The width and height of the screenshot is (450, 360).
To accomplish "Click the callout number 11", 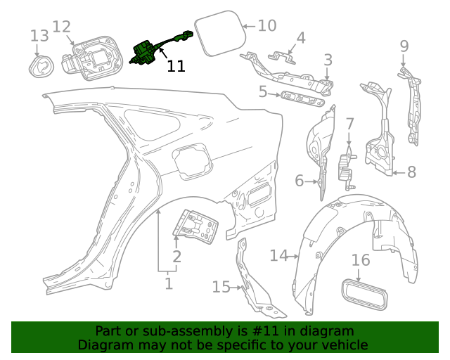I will pos(176,66).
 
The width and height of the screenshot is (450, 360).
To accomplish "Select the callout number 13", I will pos(39,35).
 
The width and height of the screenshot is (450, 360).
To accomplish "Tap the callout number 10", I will pos(266,26).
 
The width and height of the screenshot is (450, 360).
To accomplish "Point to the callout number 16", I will pos(360,261).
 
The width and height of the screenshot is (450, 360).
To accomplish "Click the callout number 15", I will pos(221,286).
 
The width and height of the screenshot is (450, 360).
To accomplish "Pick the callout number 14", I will pos(279,255).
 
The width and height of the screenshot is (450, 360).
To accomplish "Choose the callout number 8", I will pos(411,171).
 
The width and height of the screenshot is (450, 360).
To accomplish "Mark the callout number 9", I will pos(404,46).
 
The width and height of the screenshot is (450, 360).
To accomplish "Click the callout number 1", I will pos(168,284).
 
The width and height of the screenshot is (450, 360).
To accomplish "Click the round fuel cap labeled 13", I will pos(41,66).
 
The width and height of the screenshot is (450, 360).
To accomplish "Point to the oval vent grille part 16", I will pos(363,292).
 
